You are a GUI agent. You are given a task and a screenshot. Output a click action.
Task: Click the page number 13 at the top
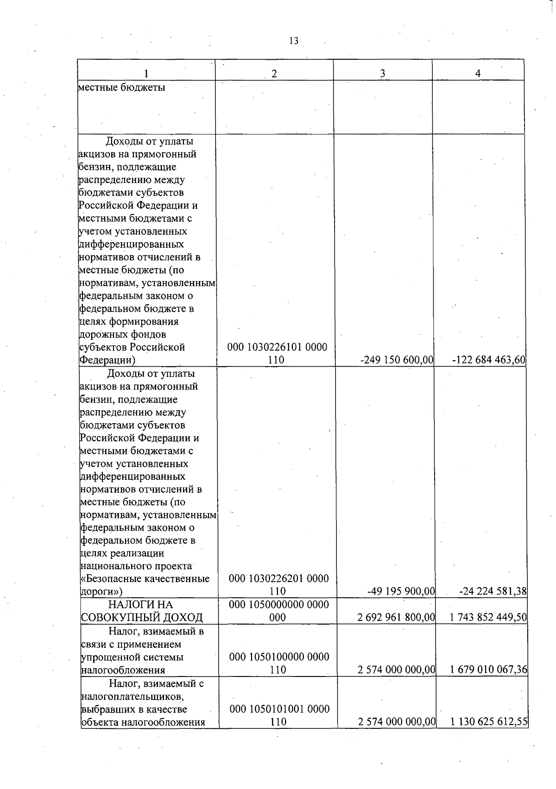coord(293,41)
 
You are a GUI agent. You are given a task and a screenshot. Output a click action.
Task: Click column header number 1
coord(146,73)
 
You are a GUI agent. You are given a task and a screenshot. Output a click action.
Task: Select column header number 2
coord(274,73)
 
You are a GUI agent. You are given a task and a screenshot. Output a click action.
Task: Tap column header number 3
coord(382,73)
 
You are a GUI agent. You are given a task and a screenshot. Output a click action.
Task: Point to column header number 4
coord(478,73)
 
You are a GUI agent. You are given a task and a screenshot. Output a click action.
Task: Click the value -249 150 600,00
coord(397,360)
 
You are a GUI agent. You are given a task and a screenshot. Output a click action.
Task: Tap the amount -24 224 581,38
coord(493,591)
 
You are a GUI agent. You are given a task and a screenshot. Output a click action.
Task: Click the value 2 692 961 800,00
coord(397,617)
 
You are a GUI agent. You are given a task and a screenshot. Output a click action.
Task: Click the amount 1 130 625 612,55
coord(489,722)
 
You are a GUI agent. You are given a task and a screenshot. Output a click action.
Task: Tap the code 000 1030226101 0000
coord(277,347)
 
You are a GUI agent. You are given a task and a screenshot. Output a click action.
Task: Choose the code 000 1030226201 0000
coord(279,578)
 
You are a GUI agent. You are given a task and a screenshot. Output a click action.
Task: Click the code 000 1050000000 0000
coord(279,604)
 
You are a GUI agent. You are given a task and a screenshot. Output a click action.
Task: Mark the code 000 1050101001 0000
coord(279,709)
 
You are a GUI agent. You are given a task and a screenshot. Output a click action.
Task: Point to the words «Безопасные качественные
coord(145,578)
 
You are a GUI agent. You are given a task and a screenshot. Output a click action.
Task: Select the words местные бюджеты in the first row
coord(122,87)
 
